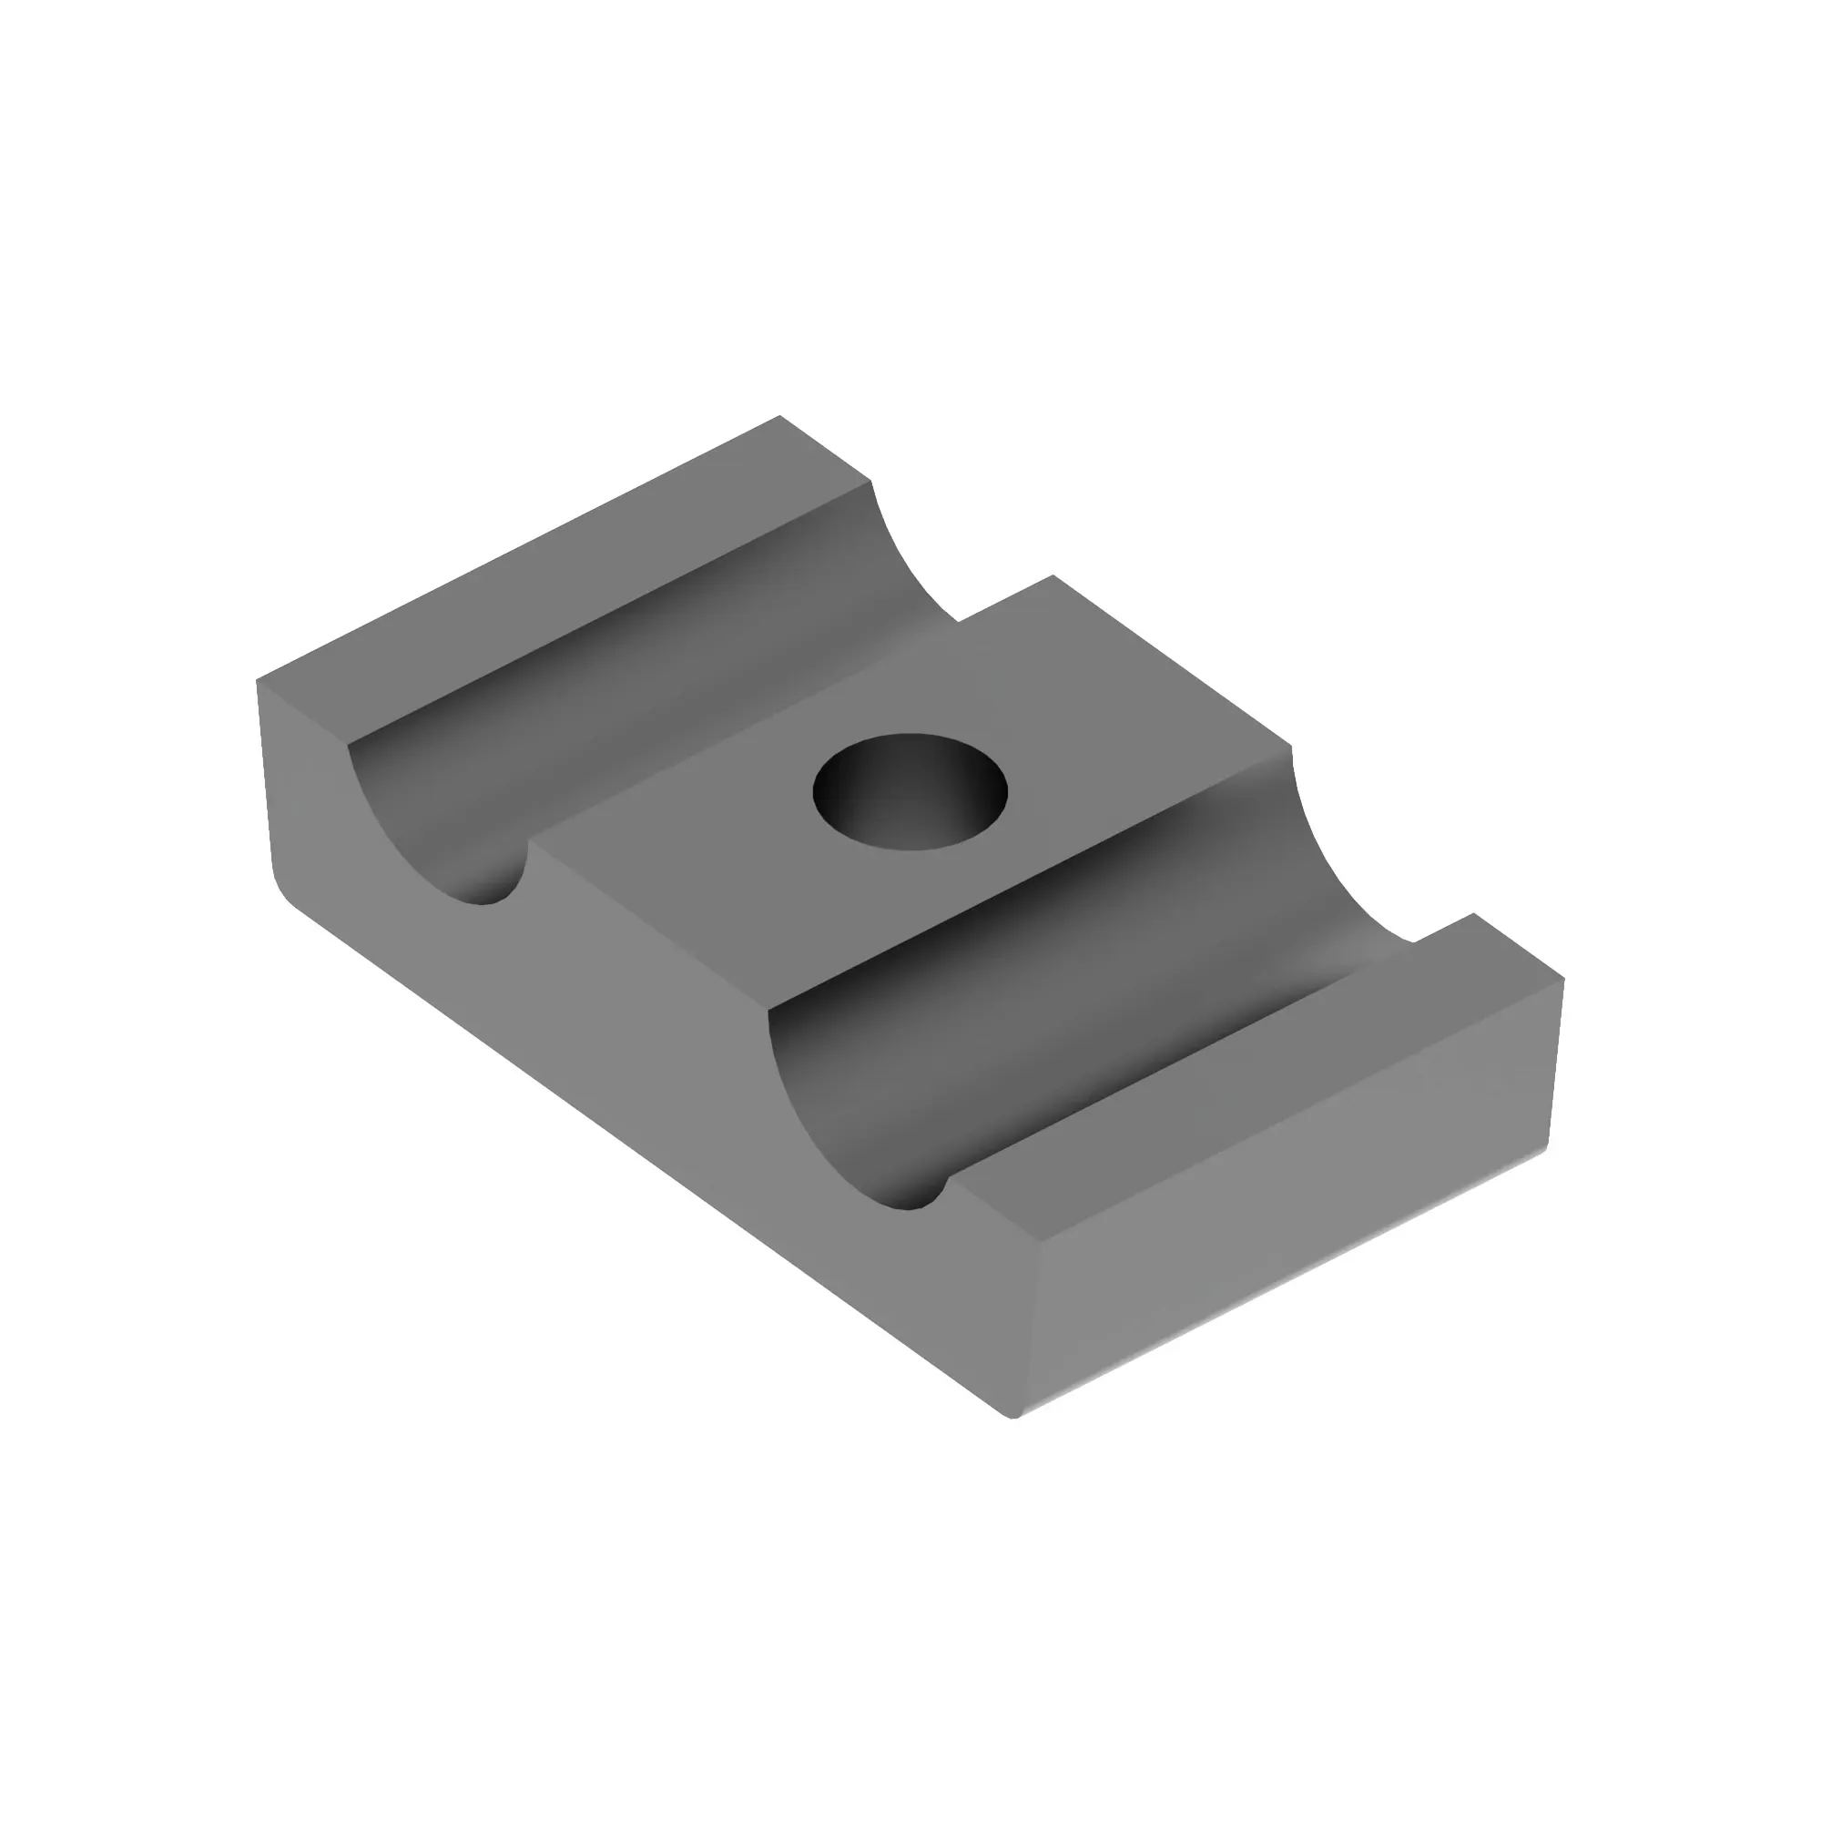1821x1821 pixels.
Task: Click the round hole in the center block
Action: [x=910, y=792]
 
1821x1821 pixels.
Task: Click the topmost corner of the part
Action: [x=779, y=416]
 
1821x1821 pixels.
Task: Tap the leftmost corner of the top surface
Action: [x=258, y=679]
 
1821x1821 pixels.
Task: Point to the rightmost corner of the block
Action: [x=1563, y=980]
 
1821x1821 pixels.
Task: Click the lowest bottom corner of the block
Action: [x=1013, y=1417]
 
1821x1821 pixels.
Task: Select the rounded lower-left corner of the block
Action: [x=283, y=890]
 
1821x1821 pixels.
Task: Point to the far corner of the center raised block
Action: [x=1053, y=576]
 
